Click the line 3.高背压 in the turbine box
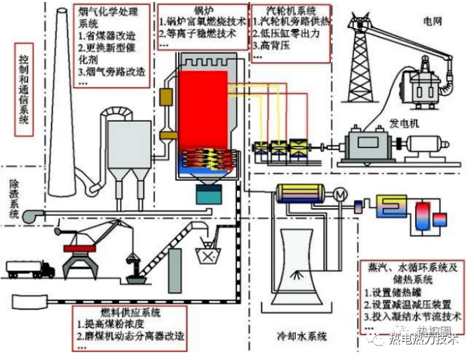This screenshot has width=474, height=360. pyautogui.click(x=271, y=47)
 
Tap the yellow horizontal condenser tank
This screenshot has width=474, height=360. pyautogui.click(x=302, y=196)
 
